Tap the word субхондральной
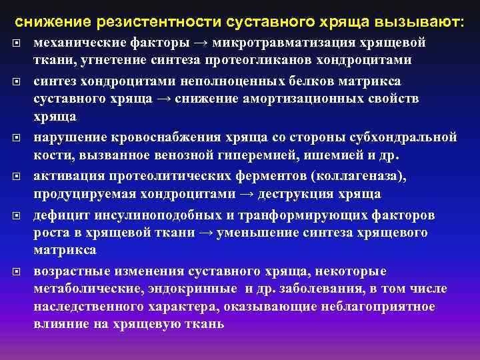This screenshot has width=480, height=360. (x=402, y=137)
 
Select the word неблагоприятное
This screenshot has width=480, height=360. (x=383, y=306)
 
